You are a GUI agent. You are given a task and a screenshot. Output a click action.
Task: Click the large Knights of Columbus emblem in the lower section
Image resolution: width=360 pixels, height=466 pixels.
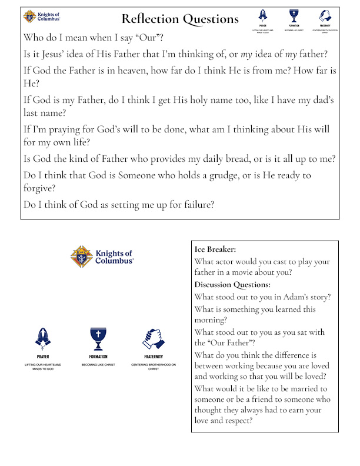point(82,257)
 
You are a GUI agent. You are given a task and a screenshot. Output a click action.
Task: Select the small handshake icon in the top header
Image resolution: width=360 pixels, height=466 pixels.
point(323,15)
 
